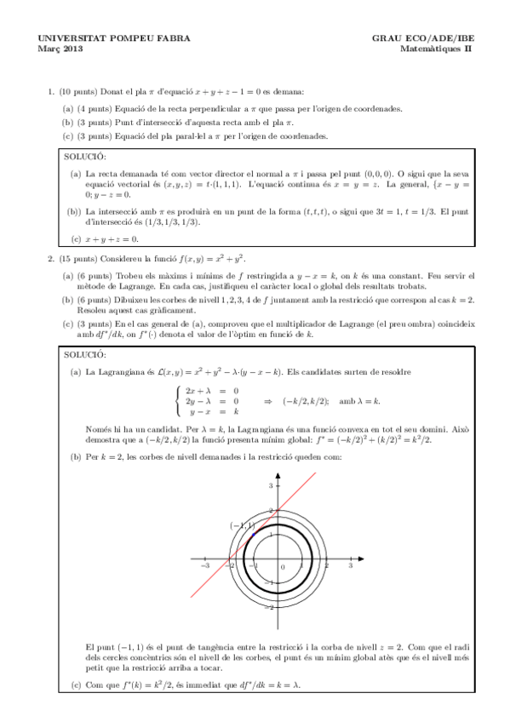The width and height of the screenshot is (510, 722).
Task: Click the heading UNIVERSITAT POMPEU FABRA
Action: point(102,38)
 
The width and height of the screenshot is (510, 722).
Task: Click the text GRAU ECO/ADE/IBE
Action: point(424,38)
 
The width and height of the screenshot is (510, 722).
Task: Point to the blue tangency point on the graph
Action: point(253,534)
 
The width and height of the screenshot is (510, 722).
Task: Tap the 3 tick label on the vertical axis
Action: point(271,484)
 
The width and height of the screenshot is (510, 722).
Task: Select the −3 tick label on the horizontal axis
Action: point(204,565)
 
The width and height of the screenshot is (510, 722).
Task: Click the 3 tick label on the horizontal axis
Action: point(351,565)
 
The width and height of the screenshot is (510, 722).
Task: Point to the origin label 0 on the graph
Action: point(283,567)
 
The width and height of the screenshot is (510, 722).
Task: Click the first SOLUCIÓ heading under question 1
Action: point(86,157)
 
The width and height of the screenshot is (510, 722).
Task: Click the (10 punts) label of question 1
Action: point(77,90)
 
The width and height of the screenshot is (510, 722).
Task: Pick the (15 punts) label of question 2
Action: point(77,257)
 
